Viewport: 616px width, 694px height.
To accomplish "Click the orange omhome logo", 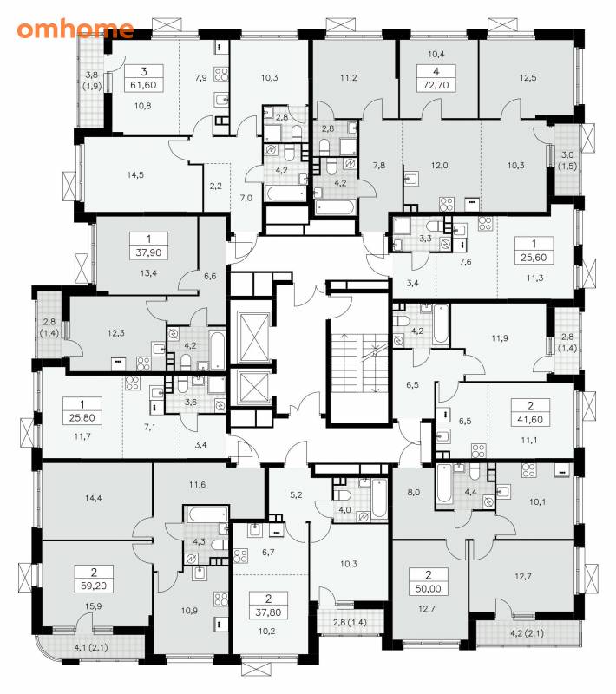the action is tap(75, 29).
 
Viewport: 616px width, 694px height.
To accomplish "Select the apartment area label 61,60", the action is tap(143, 84).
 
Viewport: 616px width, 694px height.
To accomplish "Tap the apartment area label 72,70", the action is tap(436, 84).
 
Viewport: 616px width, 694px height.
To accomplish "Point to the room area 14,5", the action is tap(135, 175).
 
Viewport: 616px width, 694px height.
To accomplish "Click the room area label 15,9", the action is tap(94, 606).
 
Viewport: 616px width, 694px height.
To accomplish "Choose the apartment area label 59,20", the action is tap(94, 586).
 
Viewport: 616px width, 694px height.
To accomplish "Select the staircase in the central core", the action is tap(360, 363).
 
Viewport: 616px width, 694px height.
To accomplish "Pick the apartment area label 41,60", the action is tap(530, 419).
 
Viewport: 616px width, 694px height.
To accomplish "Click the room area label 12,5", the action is tap(528, 78).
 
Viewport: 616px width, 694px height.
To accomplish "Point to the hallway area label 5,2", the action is tap(296, 494).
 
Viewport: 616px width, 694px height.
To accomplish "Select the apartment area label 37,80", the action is tap(269, 612).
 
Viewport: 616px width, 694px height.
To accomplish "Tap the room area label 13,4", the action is tap(148, 273).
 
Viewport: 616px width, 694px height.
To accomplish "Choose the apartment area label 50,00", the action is tap(429, 589).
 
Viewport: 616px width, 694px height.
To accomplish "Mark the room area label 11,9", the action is tap(500, 338).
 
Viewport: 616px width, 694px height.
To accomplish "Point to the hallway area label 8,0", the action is tap(413, 492).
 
